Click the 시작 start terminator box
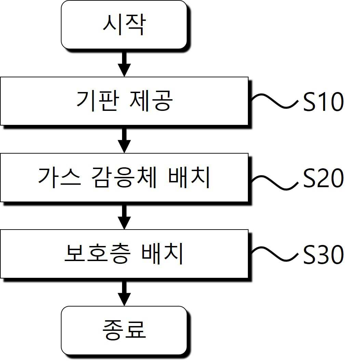124,25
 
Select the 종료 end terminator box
124,330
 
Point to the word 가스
59,177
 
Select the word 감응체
124,177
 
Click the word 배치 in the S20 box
189,177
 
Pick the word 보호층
97,254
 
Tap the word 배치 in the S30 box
162,254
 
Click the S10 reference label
323,102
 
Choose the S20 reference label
323,178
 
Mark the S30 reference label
323,255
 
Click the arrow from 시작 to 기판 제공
124,63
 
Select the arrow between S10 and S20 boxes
124,139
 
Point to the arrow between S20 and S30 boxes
124,216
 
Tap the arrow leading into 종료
124,292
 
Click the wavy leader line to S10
274,101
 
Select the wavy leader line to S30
274,254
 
